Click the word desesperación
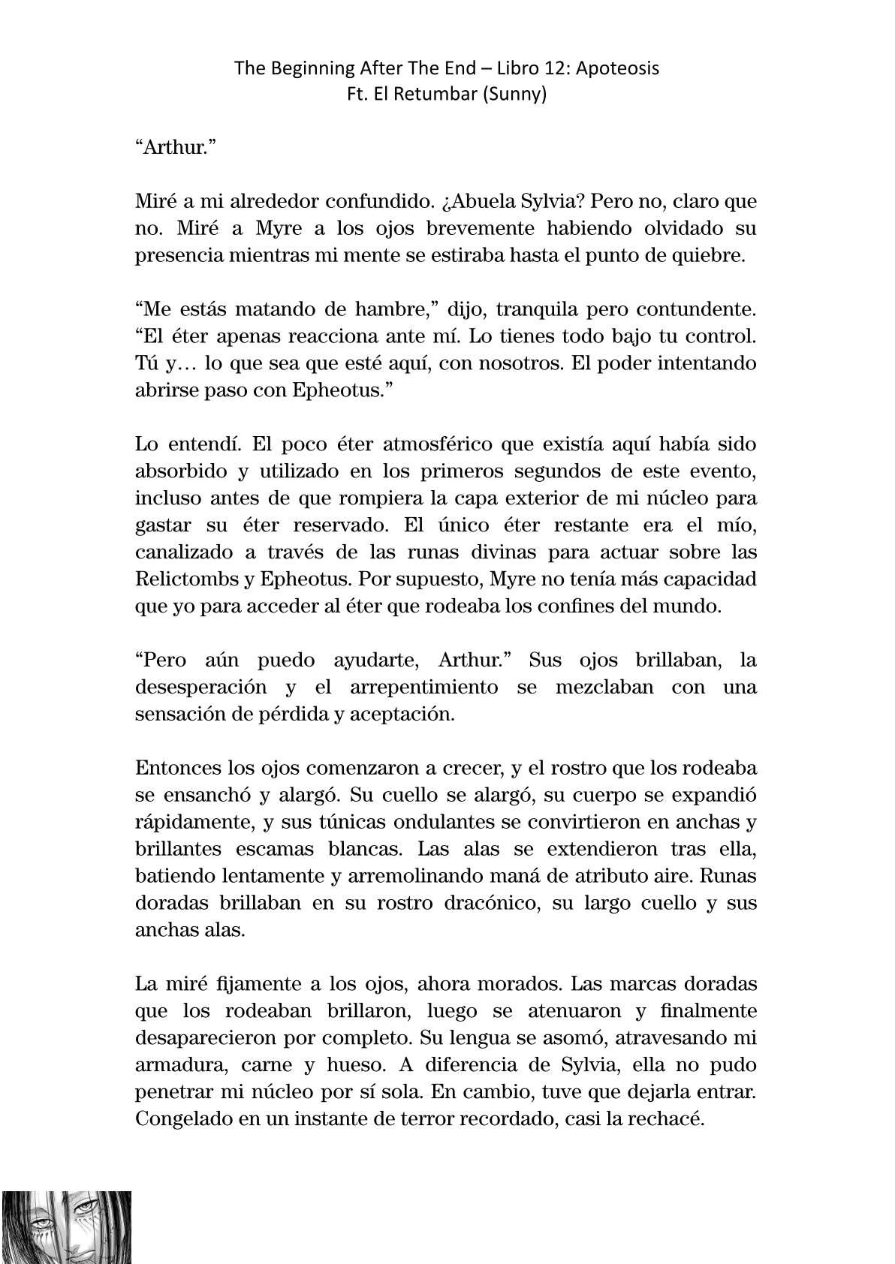(x=201, y=687)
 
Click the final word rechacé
(x=666, y=1118)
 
